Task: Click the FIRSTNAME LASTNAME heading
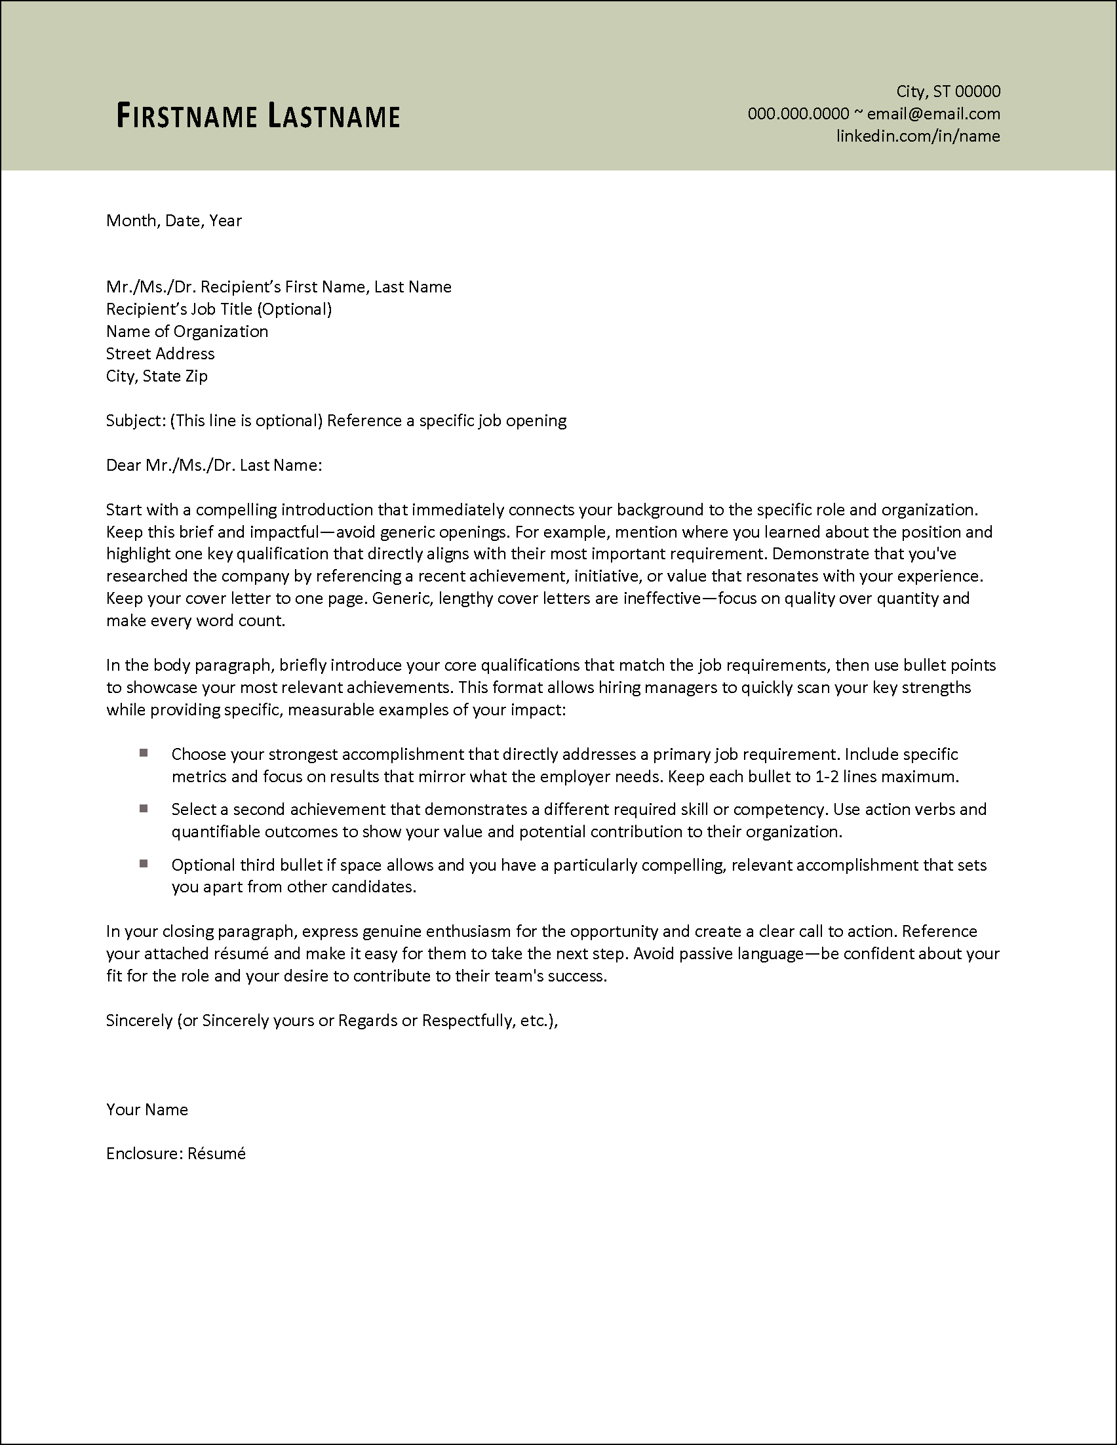pyautogui.click(x=258, y=116)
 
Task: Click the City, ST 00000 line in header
pyautogui.click(x=948, y=91)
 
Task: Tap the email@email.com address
pyautogui.click(x=933, y=114)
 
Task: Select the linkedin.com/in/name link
pyautogui.click(x=917, y=136)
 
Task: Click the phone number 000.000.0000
pyautogui.click(x=798, y=114)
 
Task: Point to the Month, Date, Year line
pyautogui.click(x=174, y=221)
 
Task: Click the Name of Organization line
pyautogui.click(x=187, y=332)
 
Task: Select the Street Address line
pyautogui.click(x=160, y=354)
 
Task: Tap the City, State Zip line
pyautogui.click(x=157, y=376)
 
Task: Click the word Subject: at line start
pyautogui.click(x=136, y=421)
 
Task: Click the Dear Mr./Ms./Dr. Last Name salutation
pyautogui.click(x=214, y=465)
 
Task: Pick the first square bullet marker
pyautogui.click(x=144, y=753)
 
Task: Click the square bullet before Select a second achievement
pyautogui.click(x=144, y=808)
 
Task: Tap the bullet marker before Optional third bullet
pyautogui.click(x=144, y=863)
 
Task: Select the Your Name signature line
pyautogui.click(x=147, y=1109)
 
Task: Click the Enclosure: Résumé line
pyautogui.click(x=176, y=1154)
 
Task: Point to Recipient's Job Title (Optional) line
pyautogui.click(x=219, y=309)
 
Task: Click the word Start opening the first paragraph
pyautogui.click(x=124, y=509)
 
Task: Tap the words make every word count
pyautogui.click(x=196, y=621)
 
